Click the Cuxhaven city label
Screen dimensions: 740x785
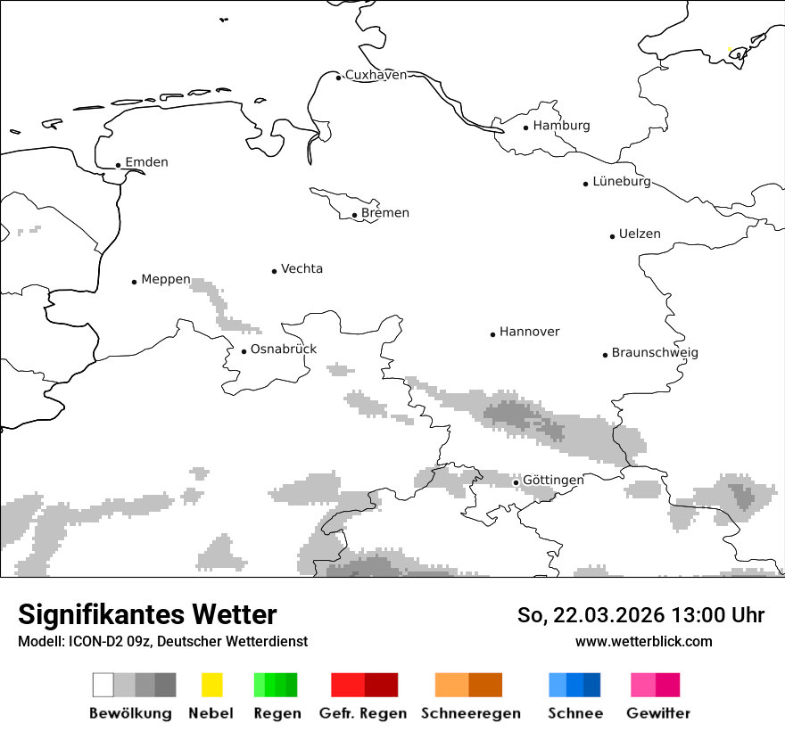click(376, 75)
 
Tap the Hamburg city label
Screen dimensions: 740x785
click(561, 126)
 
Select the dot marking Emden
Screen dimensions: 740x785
click(119, 165)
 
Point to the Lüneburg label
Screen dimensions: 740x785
click(621, 182)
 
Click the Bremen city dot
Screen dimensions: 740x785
click(354, 215)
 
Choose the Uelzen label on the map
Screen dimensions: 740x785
click(640, 234)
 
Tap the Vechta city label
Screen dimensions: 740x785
click(302, 268)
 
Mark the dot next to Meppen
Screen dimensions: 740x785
click(135, 282)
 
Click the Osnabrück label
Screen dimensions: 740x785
click(284, 349)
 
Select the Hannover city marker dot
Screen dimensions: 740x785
click(492, 334)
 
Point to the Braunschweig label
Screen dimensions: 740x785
click(655, 353)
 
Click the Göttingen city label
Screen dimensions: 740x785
click(553, 481)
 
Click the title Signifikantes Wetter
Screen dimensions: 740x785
click(147, 614)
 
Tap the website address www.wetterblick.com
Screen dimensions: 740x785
click(643, 641)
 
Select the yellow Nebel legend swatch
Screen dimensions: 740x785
click(211, 685)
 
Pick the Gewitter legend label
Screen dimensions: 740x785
click(657, 713)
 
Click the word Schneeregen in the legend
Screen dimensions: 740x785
click(471, 713)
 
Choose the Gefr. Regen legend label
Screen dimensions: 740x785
click(363, 713)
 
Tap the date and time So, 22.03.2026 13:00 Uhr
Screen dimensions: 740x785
click(640, 615)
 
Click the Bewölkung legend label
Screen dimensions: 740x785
click(130, 713)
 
